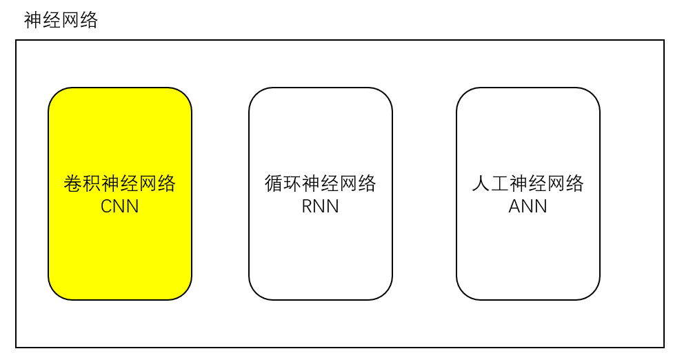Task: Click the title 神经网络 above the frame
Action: click(x=61, y=20)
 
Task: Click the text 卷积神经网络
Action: click(x=120, y=184)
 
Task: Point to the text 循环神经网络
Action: click(x=321, y=184)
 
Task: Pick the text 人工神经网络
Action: click(x=528, y=184)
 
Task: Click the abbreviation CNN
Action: click(x=120, y=206)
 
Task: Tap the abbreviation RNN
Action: click(x=321, y=206)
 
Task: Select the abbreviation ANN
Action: click(x=528, y=206)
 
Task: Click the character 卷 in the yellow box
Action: click(x=73, y=184)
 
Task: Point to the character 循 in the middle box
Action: click(x=274, y=184)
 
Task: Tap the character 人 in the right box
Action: click(x=481, y=184)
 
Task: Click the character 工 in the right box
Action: click(x=500, y=184)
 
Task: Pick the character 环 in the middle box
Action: click(x=292, y=184)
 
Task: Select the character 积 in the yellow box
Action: click(x=92, y=184)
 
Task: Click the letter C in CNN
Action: click(x=107, y=206)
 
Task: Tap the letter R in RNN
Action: click(x=308, y=206)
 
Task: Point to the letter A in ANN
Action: click(x=515, y=206)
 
